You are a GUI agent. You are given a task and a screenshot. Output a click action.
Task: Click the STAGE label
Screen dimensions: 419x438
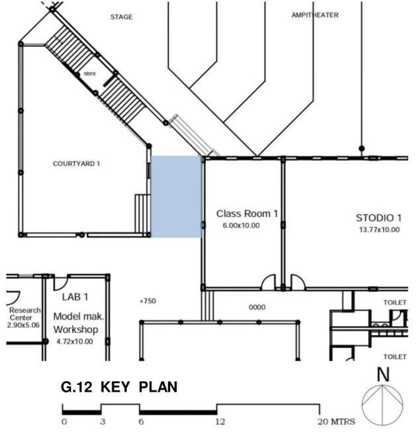click(x=121, y=17)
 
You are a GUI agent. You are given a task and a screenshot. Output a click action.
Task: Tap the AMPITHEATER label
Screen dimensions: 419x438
click(x=315, y=15)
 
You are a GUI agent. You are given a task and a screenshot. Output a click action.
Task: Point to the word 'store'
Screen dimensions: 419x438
click(x=89, y=73)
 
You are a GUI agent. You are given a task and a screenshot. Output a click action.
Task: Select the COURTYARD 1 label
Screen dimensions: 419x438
click(x=76, y=163)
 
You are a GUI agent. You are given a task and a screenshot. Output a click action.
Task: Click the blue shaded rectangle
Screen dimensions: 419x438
click(x=176, y=197)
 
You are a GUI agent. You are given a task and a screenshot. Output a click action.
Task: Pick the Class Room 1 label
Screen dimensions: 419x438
click(x=247, y=214)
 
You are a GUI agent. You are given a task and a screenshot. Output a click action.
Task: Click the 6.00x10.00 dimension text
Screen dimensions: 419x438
click(x=241, y=226)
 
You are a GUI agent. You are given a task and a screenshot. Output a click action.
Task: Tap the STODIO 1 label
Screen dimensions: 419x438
click(x=379, y=218)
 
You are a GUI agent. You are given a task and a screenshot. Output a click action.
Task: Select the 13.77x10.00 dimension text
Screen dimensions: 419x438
click(x=379, y=230)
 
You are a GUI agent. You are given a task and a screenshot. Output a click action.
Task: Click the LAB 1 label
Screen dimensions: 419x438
click(x=75, y=297)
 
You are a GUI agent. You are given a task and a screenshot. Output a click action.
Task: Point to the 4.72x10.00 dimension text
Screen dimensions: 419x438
click(x=75, y=341)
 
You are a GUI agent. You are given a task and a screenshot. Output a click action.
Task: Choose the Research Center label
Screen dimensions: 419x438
click(x=24, y=314)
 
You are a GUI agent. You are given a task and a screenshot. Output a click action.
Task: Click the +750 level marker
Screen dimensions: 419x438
click(x=148, y=301)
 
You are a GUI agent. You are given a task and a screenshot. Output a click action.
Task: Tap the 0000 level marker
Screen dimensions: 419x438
click(x=257, y=307)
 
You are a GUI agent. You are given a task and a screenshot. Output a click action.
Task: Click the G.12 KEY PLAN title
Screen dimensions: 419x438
click(x=119, y=387)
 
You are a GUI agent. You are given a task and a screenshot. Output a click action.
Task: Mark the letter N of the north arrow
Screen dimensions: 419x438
click(x=383, y=374)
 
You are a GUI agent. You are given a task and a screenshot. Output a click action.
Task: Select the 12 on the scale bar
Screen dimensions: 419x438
click(x=220, y=421)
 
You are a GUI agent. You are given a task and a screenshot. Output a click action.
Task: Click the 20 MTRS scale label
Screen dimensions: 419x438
click(x=336, y=421)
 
